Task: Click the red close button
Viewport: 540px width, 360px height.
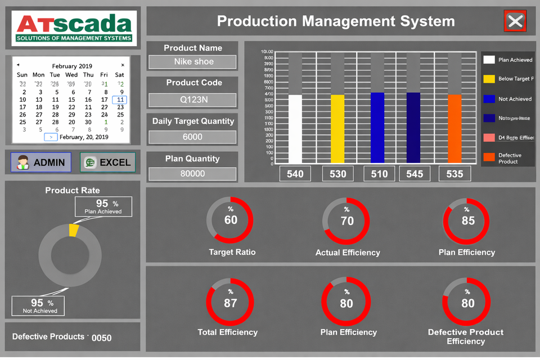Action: (x=515, y=21)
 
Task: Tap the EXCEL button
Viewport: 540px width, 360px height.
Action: (x=107, y=163)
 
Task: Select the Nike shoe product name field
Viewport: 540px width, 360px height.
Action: (x=193, y=62)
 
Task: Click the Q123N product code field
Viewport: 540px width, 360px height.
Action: (x=193, y=100)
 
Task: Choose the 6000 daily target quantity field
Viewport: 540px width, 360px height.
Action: (x=192, y=137)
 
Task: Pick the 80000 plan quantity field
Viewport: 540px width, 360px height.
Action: (x=192, y=174)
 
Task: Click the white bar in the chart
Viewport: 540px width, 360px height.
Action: (x=295, y=129)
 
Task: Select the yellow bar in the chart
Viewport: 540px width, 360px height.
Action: (x=337, y=129)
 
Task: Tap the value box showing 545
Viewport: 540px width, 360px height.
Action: (x=415, y=174)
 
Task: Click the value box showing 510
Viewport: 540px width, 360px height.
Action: (x=379, y=174)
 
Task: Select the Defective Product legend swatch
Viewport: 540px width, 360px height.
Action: (x=489, y=157)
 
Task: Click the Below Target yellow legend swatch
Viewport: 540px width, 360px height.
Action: (x=489, y=79)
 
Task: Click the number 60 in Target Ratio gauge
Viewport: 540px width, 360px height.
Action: (x=231, y=220)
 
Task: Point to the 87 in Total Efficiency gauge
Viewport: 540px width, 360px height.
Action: (x=230, y=303)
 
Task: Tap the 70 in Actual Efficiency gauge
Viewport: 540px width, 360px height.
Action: (x=347, y=220)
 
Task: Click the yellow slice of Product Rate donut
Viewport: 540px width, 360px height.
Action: (x=74, y=231)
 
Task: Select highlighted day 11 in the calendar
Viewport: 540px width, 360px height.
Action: (x=119, y=100)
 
